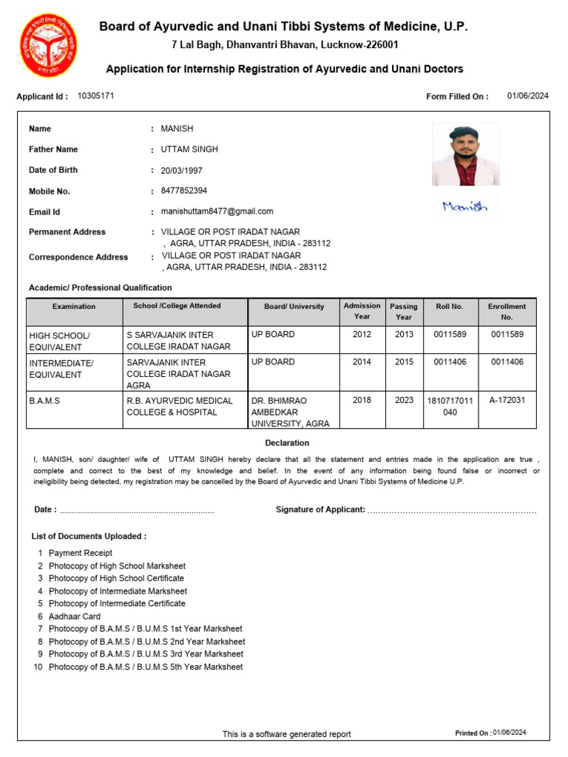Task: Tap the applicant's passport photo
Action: tap(465, 154)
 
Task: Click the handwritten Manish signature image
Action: tap(465, 207)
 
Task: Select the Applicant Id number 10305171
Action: tap(95, 96)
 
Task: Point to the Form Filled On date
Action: tap(527, 96)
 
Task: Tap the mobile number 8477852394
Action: tap(184, 191)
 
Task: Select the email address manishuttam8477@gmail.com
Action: tap(217, 211)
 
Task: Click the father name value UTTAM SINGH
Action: tap(189, 149)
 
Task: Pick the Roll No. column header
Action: tap(450, 306)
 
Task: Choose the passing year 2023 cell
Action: tap(404, 401)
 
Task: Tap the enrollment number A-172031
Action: tap(507, 401)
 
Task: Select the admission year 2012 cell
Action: tap(362, 334)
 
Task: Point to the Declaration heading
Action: tap(287, 443)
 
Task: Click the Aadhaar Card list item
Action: tap(75, 616)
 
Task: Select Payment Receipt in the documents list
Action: tap(81, 553)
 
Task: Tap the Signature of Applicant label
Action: tap(320, 510)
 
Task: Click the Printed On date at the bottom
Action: tap(509, 733)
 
